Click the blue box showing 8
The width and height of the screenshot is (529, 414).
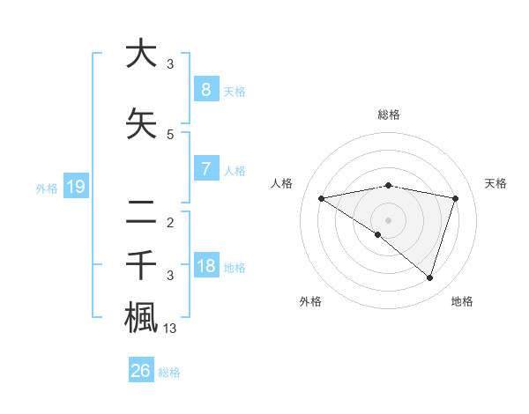pos(205,89)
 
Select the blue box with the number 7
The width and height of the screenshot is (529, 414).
pos(205,168)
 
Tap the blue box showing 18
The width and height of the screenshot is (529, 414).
pos(205,265)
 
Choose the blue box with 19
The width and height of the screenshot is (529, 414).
pos(75,186)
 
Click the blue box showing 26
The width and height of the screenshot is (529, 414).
pos(141,371)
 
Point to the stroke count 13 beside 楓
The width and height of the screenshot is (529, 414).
pos(170,329)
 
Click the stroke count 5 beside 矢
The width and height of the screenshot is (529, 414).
pos(170,135)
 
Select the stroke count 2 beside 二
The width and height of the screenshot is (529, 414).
pos(170,222)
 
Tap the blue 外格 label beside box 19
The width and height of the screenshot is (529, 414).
pos(47,188)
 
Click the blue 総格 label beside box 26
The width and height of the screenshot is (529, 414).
pos(169,373)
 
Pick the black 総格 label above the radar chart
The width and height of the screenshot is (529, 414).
pos(388,115)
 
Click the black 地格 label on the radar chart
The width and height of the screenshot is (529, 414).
pos(462,301)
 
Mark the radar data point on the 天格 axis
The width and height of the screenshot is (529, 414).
pos(455,198)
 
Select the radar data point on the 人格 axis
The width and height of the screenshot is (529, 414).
pos(321,198)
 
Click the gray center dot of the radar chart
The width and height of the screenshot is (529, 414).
pos(388,219)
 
